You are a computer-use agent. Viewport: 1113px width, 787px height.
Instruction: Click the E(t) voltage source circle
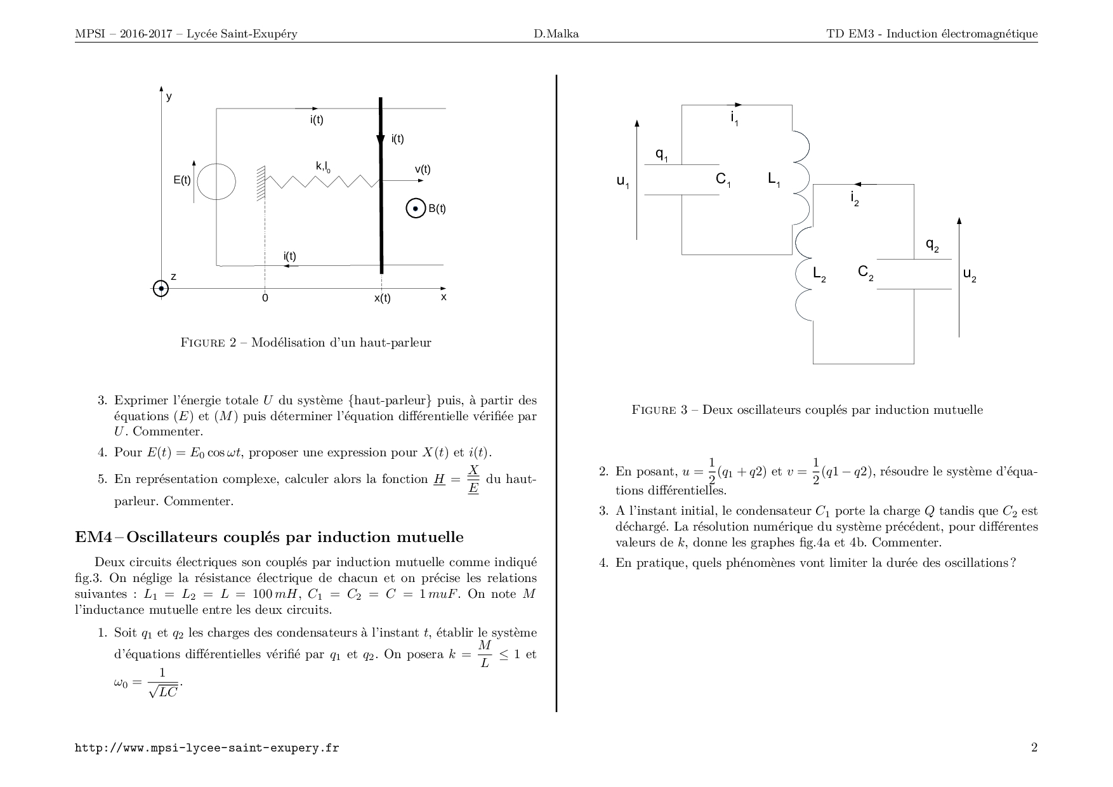(216, 181)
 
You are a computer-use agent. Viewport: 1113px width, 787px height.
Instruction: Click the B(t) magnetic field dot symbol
(415, 208)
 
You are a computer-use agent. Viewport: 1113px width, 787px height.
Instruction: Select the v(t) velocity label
(422, 169)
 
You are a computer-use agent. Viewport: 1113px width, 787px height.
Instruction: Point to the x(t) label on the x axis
(382, 298)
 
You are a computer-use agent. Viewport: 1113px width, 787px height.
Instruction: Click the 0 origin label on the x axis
(265, 298)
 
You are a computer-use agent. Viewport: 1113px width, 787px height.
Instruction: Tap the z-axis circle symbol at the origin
(161, 289)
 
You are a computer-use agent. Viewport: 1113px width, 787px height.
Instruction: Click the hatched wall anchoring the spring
(260, 183)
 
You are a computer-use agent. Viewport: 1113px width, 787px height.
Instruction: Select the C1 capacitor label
(723, 180)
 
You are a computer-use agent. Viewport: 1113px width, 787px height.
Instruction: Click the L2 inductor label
(820, 274)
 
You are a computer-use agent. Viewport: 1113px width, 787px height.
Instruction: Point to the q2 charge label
(932, 245)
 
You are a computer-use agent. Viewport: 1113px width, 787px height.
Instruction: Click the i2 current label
(855, 199)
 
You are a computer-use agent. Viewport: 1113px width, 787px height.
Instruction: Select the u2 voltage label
(969, 275)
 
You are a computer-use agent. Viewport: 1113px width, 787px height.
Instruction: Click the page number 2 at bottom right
(1034, 748)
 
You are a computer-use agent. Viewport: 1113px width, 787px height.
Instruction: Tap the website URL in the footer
(207, 748)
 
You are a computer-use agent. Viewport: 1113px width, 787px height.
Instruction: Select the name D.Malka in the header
(556, 34)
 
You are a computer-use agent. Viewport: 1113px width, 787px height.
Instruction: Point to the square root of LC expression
(163, 692)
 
